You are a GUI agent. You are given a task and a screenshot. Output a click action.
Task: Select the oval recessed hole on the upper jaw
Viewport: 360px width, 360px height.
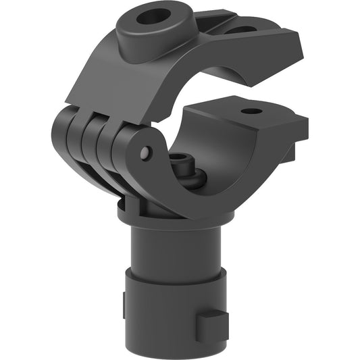[241, 30]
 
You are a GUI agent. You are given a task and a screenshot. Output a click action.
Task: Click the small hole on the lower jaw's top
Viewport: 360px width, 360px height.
[252, 111]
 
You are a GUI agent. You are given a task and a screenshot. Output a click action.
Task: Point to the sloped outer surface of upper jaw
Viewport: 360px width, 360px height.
[115, 81]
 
